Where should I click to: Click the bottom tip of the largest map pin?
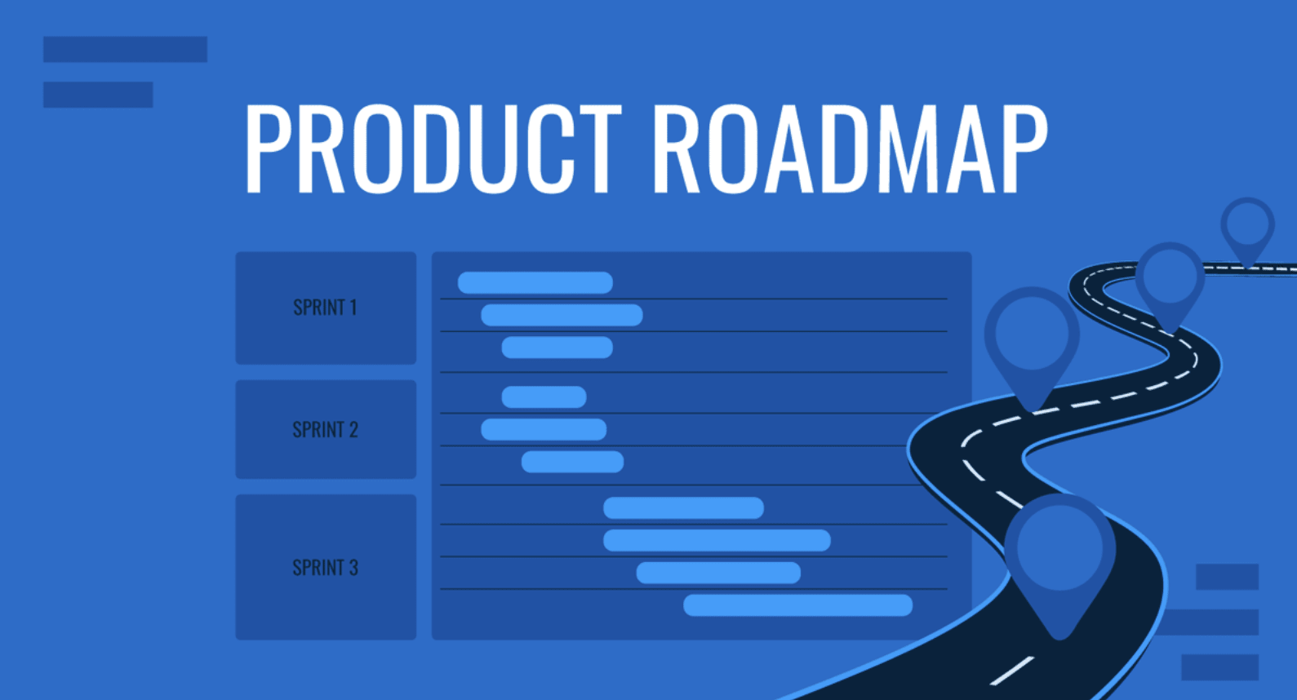pos(1060,640)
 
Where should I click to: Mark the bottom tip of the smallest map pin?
pos(1248,267)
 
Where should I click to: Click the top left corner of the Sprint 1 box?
pos(236,252)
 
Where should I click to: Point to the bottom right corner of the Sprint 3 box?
pos(416,640)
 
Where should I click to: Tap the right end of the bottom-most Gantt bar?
pos(913,605)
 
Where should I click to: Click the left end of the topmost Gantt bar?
pos(458,283)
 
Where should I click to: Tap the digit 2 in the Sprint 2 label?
pos(353,430)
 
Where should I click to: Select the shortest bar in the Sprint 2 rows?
pos(544,397)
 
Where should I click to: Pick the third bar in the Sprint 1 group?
pos(557,348)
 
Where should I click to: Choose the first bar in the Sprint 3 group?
pos(683,508)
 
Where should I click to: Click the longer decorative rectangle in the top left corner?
pos(125,49)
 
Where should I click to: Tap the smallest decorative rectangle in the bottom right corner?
pos(1227,577)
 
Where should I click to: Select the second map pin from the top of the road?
pos(1170,287)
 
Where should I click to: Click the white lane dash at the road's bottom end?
pos(1011,671)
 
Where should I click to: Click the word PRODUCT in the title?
pos(433,148)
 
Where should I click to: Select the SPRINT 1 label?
pos(325,308)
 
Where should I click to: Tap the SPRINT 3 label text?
pos(326,568)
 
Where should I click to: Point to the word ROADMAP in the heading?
pos(851,148)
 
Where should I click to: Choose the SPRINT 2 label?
pos(326,430)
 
